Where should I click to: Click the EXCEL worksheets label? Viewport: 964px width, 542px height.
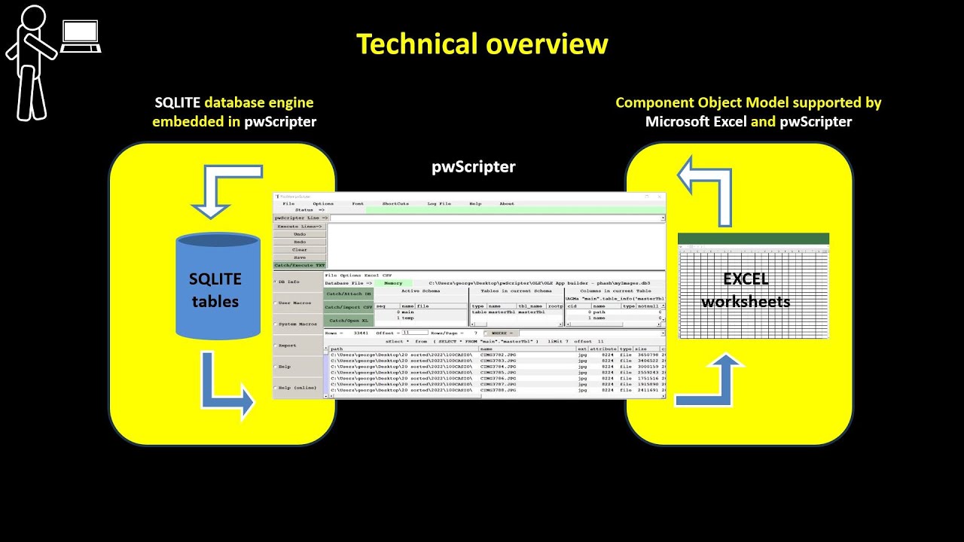coord(746,290)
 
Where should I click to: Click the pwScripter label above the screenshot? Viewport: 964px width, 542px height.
coord(474,166)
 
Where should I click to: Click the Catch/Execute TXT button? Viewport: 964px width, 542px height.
coord(300,265)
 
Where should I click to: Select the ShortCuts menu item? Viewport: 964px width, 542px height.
coord(395,203)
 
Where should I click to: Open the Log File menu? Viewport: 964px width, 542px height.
coord(439,203)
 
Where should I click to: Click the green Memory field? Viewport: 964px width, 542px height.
coord(393,283)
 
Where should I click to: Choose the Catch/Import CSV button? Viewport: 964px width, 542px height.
coord(349,307)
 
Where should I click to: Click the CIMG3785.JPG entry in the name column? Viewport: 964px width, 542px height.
coord(498,373)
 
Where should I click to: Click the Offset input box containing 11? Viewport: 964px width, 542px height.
coord(414,332)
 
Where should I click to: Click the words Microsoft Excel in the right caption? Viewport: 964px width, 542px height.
coord(696,122)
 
